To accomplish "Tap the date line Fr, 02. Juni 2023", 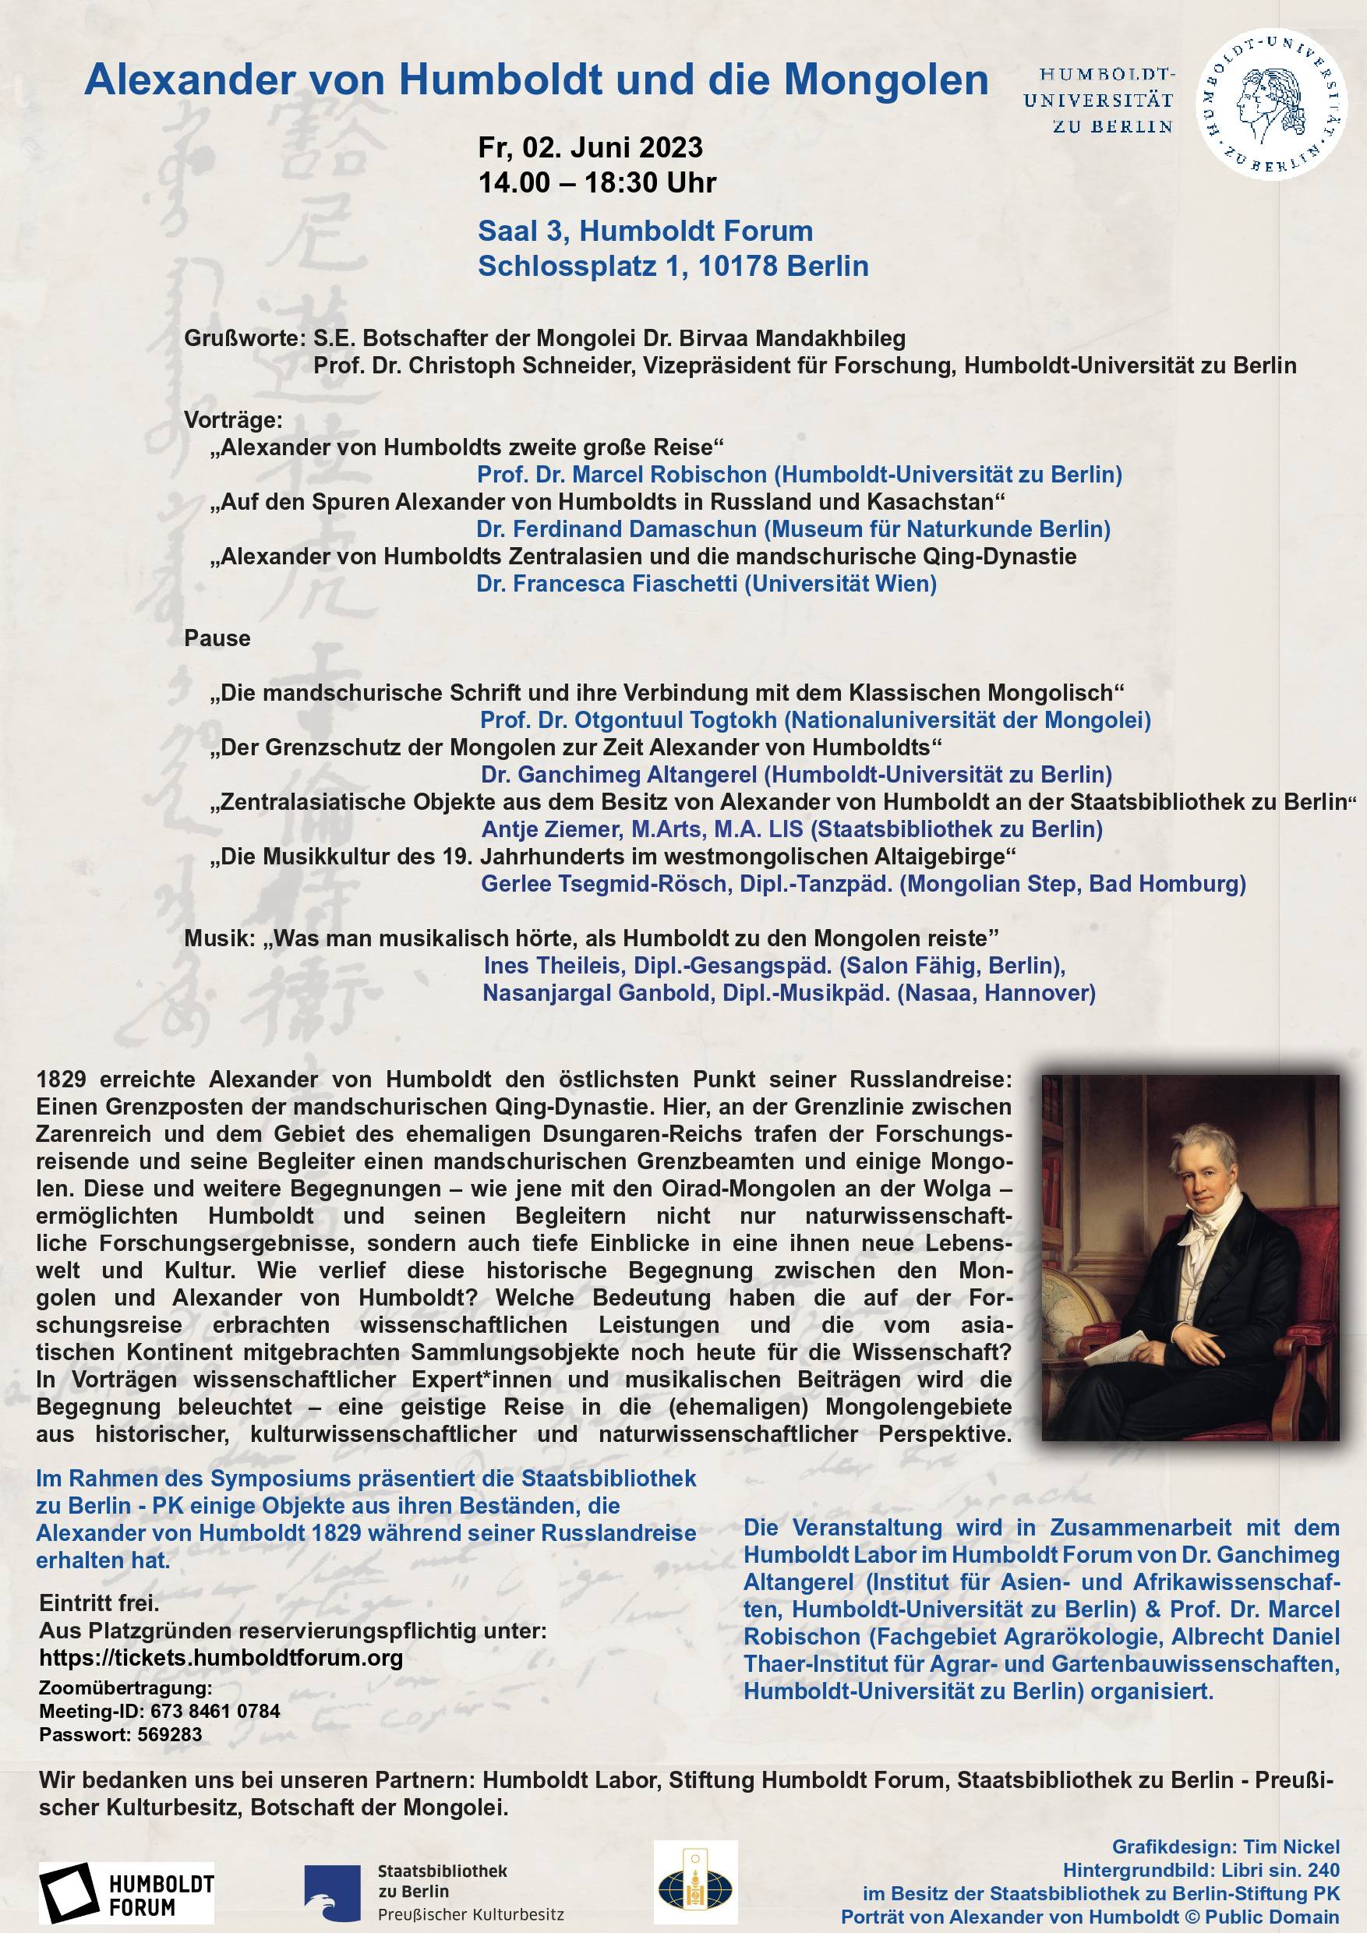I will click(x=590, y=148).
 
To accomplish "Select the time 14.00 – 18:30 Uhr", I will click(x=597, y=182).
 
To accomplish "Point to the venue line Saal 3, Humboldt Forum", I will click(x=645, y=231).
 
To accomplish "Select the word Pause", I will click(x=217, y=638).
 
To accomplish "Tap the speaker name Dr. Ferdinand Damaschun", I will click(x=616, y=528).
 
